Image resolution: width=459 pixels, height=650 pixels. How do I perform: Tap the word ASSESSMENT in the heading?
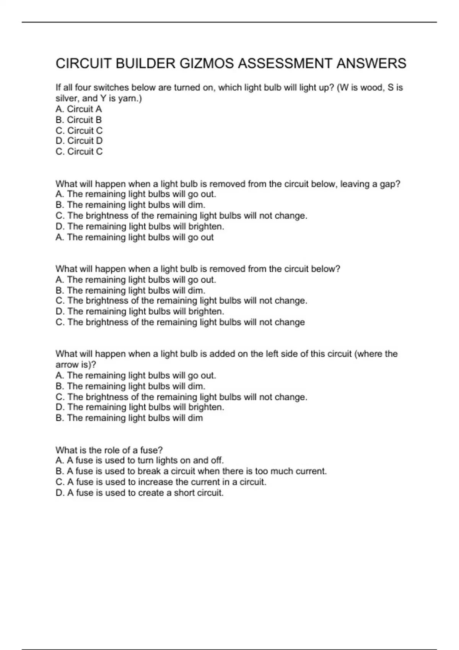tap(285, 63)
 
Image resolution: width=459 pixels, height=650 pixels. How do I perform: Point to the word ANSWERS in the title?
tap(371, 63)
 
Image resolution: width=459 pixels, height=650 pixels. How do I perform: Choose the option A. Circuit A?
tap(79, 109)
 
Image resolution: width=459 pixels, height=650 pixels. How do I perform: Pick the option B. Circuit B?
tap(79, 120)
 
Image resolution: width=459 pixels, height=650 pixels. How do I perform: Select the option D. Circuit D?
tap(79, 141)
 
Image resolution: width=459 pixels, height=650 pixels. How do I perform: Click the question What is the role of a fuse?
tap(109, 450)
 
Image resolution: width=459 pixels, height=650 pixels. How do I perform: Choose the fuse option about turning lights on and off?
tap(140, 460)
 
